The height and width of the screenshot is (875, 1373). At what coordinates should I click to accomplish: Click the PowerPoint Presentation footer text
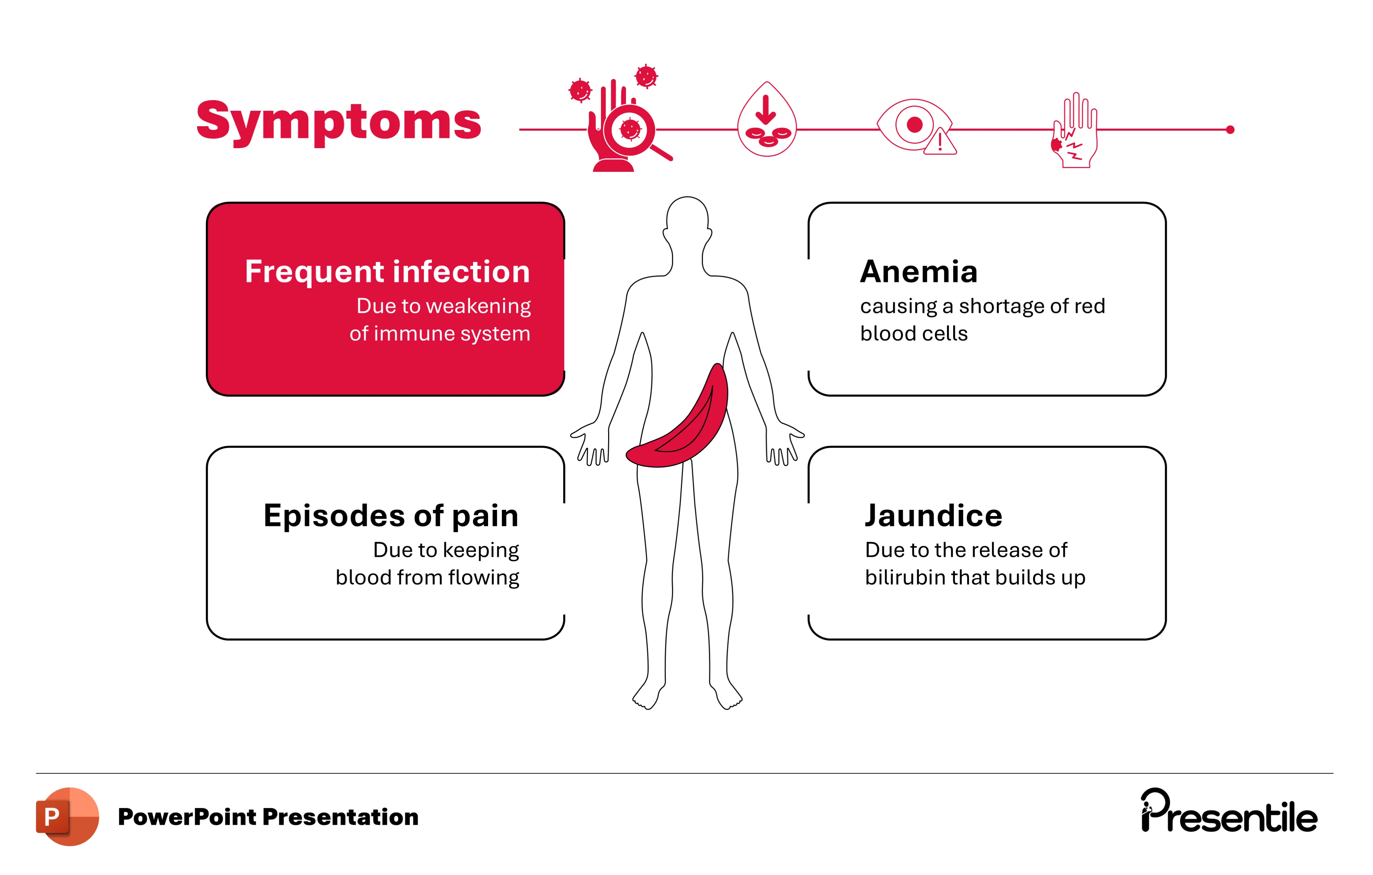click(x=268, y=817)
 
